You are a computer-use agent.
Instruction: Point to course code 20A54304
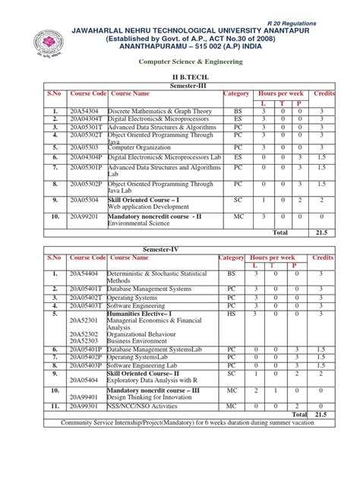(x=84, y=110)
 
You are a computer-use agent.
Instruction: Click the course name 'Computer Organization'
(x=137, y=147)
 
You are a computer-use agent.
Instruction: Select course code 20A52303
(x=84, y=341)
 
